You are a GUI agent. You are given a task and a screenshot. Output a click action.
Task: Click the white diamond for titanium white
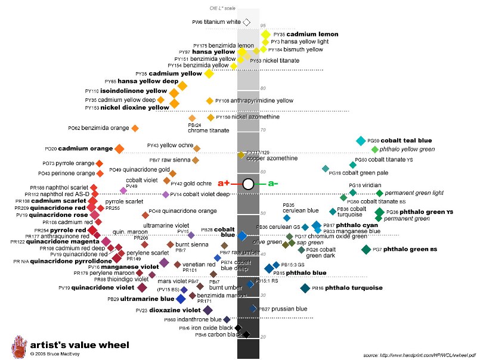[247, 22]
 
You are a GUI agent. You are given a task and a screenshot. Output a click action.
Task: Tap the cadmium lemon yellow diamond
[265, 35]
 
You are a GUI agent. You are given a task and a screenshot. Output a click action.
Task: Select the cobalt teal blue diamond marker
[360, 141]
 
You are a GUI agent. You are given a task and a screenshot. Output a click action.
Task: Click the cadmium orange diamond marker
[119, 148]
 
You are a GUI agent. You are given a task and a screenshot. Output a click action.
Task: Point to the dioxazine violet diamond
[207, 310]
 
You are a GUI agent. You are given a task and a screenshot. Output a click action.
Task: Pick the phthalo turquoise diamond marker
[305, 288]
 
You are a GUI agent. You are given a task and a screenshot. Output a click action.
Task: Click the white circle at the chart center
[249, 184]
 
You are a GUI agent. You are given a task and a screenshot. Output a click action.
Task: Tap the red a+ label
[224, 184]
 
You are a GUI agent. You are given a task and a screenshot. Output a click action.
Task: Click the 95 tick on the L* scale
[262, 26]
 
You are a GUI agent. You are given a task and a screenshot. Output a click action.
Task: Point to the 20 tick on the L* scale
[262, 337]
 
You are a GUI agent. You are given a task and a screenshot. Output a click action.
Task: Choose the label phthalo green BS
[408, 249]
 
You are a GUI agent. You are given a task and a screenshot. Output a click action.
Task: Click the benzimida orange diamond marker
[135, 128]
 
